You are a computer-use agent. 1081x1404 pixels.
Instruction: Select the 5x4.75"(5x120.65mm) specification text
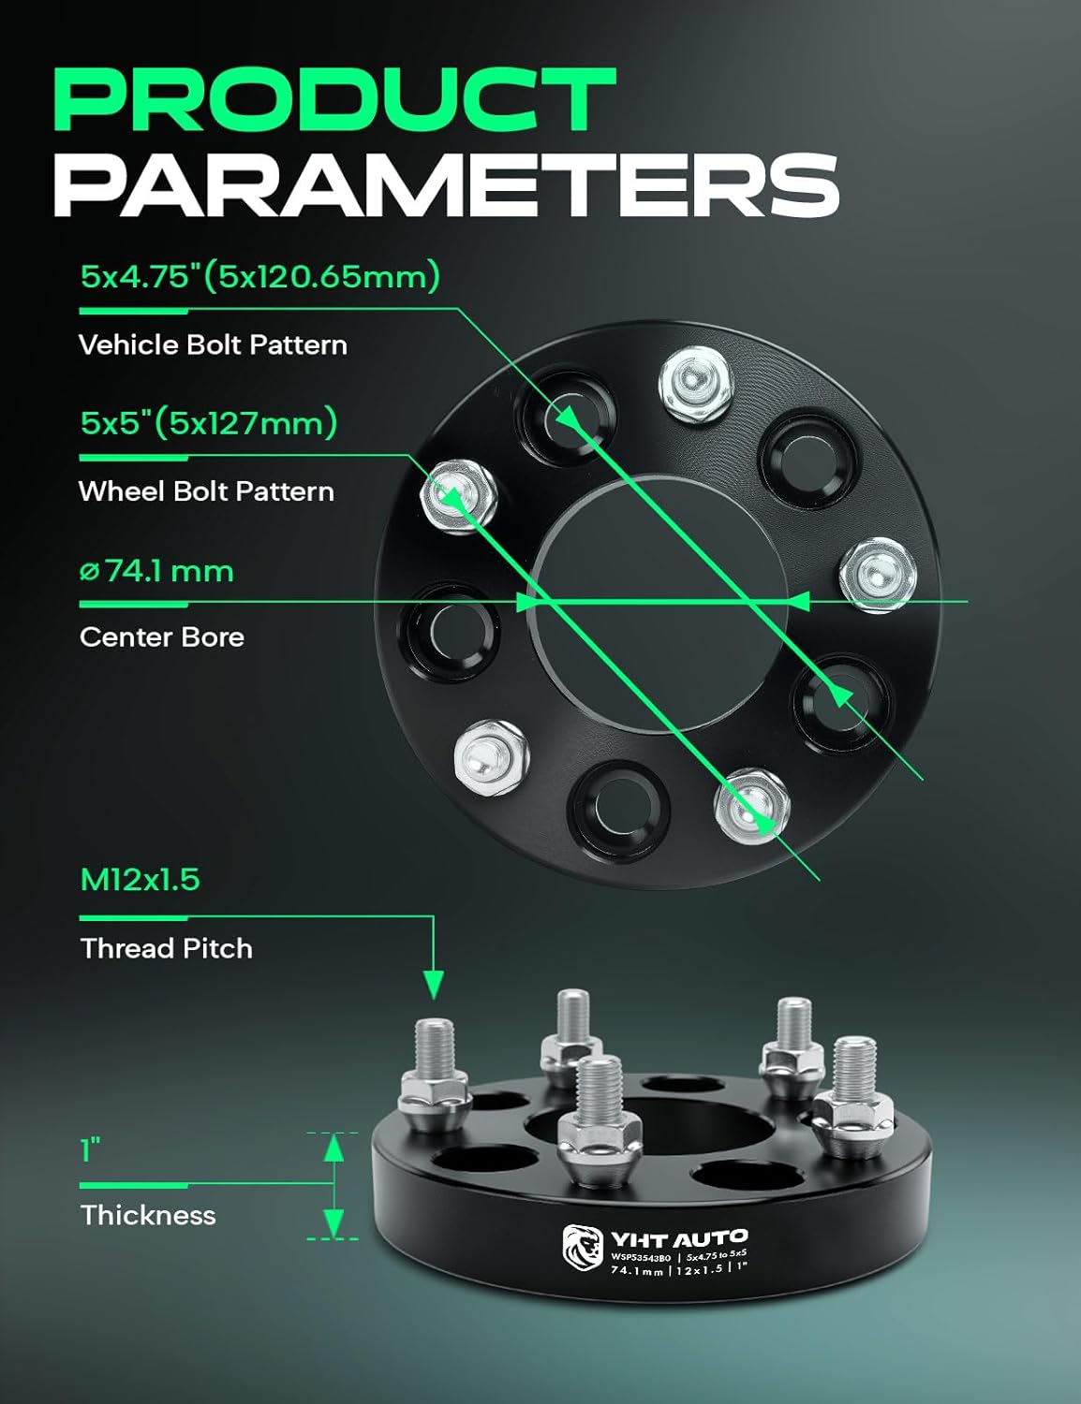[x=259, y=276]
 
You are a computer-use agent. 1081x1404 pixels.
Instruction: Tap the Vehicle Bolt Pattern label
[x=213, y=345]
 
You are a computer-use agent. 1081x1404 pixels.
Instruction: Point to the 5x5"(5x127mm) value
[x=208, y=423]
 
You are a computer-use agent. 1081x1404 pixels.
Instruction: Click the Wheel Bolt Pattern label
[x=206, y=491]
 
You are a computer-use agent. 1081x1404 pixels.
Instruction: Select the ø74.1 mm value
[x=156, y=570]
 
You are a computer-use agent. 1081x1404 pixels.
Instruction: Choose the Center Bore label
[x=162, y=637]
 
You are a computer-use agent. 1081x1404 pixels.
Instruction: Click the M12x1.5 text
[x=140, y=880]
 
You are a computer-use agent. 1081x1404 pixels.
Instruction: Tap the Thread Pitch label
[x=167, y=948]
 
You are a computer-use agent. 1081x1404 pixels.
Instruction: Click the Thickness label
[x=148, y=1215]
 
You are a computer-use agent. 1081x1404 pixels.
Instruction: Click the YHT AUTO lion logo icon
[x=582, y=1249]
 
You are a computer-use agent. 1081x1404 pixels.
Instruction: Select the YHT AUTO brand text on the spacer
[x=679, y=1238]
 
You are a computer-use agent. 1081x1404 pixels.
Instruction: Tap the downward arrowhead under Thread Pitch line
[x=433, y=985]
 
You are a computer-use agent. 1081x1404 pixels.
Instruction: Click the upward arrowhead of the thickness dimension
[x=333, y=1148]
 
